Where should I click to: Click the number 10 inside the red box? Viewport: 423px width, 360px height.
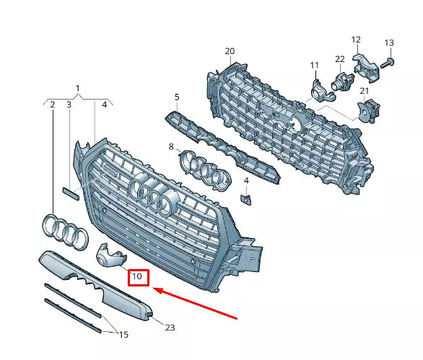pyautogui.click(x=138, y=277)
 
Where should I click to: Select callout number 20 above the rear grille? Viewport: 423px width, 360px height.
pyautogui.click(x=230, y=51)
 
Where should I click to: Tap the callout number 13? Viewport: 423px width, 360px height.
pyautogui.click(x=389, y=43)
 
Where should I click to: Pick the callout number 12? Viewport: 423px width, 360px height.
pyautogui.click(x=356, y=39)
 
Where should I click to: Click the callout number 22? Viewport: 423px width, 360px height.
pyautogui.click(x=339, y=58)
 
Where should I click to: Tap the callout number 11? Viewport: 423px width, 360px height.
pyautogui.click(x=314, y=66)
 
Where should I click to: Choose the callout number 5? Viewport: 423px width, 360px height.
pyautogui.click(x=177, y=96)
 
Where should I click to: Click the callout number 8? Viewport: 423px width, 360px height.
pyautogui.click(x=171, y=147)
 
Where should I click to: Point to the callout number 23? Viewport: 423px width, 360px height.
pyautogui.click(x=170, y=328)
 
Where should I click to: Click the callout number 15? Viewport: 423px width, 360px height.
pyautogui.click(x=124, y=335)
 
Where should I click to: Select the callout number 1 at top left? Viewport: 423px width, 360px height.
pyautogui.click(x=78, y=88)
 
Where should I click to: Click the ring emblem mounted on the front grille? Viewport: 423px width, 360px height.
pyautogui.click(x=152, y=196)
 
